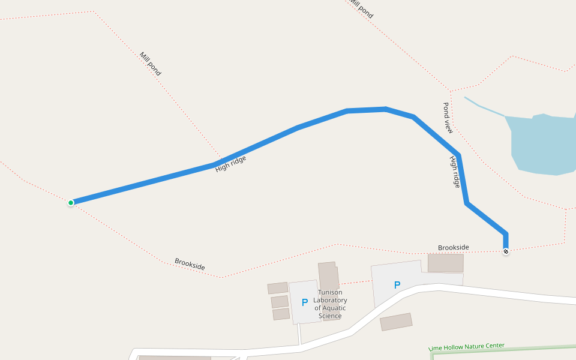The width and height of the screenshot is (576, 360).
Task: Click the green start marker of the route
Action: (x=71, y=203)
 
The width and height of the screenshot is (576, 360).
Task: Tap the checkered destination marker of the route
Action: (x=506, y=251)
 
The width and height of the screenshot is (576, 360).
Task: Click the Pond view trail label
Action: (x=448, y=118)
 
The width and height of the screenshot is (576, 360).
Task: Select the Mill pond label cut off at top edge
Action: (x=361, y=8)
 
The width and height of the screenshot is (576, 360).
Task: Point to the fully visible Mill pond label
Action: (x=150, y=64)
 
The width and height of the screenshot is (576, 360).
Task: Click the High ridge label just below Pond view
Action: (x=455, y=172)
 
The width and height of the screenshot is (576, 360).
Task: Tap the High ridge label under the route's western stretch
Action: (x=231, y=164)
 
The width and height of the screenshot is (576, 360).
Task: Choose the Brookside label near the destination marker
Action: (x=454, y=247)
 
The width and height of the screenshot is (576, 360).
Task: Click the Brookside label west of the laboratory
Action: (x=190, y=264)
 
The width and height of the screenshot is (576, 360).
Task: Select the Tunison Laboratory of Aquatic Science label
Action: (x=330, y=304)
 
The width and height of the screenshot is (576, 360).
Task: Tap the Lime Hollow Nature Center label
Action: (x=467, y=347)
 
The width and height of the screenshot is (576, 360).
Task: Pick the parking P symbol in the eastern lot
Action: (x=397, y=285)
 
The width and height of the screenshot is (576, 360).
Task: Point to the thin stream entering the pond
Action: (x=483, y=106)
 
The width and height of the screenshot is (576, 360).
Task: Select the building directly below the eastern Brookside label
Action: (x=445, y=263)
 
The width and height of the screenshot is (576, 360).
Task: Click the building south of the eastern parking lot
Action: (x=396, y=322)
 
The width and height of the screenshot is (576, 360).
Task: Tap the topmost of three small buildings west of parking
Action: (x=278, y=288)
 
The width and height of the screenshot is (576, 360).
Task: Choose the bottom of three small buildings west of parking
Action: (x=281, y=314)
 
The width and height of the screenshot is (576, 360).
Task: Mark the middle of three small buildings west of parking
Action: (x=280, y=301)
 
